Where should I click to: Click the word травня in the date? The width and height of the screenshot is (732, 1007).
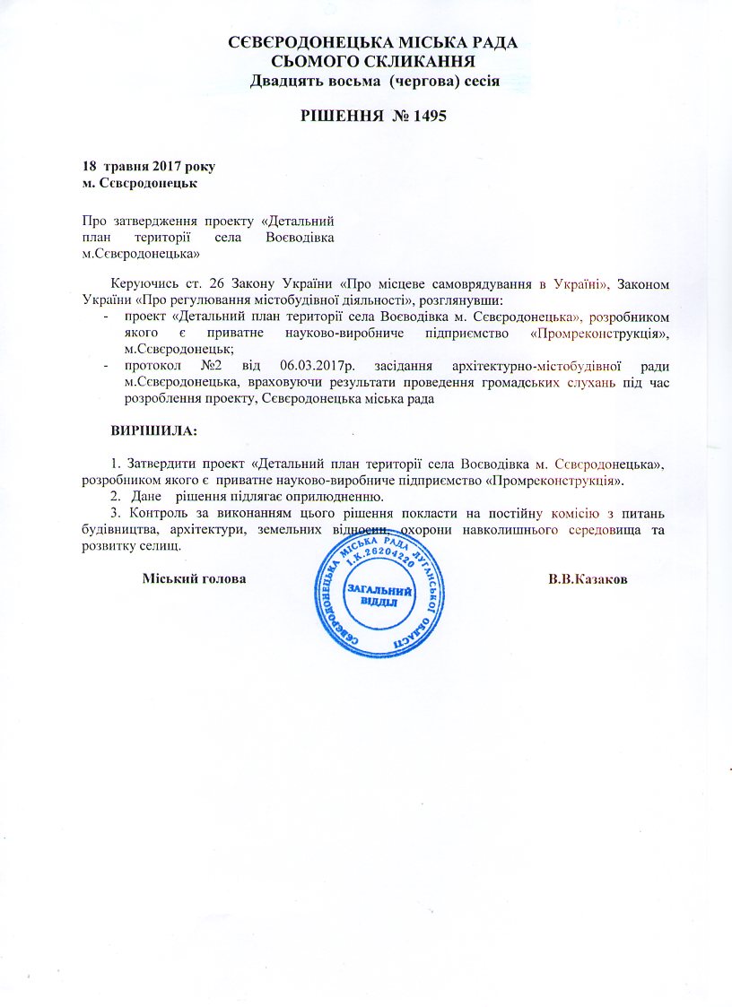129,168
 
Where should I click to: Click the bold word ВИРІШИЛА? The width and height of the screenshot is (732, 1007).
153,430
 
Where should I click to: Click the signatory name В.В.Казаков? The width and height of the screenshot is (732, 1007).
588,578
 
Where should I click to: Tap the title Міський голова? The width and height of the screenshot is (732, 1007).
195,578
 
